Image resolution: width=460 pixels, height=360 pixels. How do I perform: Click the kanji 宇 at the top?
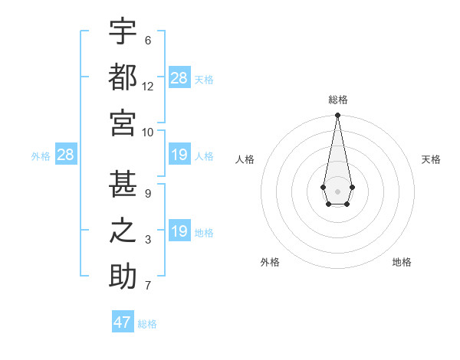click(123, 33)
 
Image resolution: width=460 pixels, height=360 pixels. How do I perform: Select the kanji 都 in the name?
click(123, 77)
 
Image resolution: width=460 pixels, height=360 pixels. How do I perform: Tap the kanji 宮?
click(123, 122)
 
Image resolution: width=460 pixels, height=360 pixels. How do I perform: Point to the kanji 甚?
click(123, 185)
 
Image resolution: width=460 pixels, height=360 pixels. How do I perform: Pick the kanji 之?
click(123, 231)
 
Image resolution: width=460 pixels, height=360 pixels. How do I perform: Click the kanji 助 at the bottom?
click(123, 275)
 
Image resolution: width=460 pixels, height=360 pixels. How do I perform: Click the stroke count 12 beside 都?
click(148, 87)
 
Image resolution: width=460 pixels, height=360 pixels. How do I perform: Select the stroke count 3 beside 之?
click(148, 240)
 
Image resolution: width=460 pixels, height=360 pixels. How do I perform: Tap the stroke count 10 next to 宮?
click(148, 131)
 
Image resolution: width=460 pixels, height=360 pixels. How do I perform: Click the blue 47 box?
click(123, 322)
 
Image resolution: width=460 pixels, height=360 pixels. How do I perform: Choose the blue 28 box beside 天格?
click(179, 78)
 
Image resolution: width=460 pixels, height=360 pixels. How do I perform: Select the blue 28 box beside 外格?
click(66, 155)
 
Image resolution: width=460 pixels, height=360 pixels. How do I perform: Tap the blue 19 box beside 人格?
click(179, 155)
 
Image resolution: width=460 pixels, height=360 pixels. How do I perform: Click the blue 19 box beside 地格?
click(179, 231)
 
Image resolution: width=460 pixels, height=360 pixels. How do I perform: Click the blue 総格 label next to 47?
click(147, 324)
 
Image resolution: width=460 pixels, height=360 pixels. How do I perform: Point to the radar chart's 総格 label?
click(337, 100)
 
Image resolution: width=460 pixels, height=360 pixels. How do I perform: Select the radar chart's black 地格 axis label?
click(402, 262)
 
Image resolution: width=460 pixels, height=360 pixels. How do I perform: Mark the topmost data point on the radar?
click(337, 116)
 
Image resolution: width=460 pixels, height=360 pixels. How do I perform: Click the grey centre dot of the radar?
click(337, 190)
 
